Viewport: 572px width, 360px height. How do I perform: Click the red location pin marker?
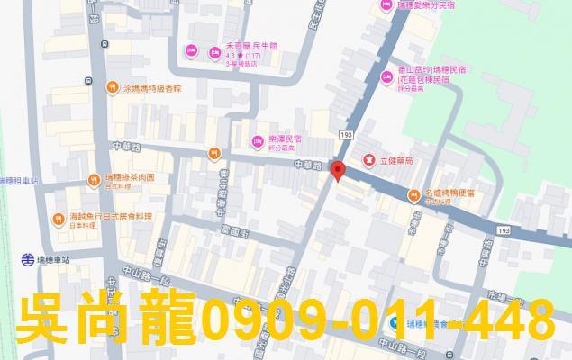click(x=338, y=171)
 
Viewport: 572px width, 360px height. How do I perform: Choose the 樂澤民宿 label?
click(x=286, y=140)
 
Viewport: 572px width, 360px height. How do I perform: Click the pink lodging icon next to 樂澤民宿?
click(x=259, y=140)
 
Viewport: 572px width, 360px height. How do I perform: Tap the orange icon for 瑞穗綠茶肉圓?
click(x=94, y=180)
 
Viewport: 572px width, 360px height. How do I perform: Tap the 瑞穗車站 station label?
click(x=59, y=260)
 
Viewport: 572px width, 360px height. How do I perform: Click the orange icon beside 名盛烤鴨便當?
click(x=418, y=193)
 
